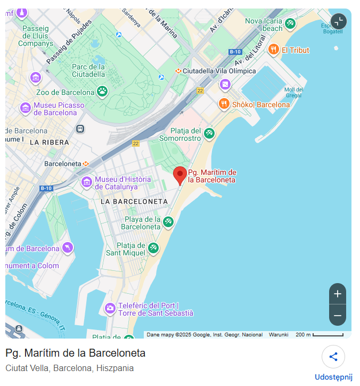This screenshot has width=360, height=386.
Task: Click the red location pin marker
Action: [x=181, y=175]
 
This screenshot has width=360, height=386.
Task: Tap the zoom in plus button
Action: [x=337, y=294]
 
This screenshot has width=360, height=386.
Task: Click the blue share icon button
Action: [x=333, y=357]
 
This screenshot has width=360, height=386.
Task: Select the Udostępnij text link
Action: [x=333, y=377]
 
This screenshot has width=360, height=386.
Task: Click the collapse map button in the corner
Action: [x=338, y=21]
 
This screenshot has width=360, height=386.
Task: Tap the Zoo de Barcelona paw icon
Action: [x=103, y=91]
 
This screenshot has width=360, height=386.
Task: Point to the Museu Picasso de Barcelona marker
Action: [x=26, y=108]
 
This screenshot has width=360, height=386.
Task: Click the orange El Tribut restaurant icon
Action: [x=274, y=50]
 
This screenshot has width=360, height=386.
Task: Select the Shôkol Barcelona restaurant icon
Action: [x=224, y=103]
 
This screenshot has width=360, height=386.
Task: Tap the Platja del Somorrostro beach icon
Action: [x=209, y=133]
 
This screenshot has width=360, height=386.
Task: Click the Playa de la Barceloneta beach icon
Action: [x=168, y=222]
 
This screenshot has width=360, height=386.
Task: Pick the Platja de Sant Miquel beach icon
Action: [x=153, y=248]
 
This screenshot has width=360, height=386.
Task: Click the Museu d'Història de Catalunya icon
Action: [x=86, y=183]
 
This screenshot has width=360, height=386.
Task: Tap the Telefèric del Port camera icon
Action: [x=110, y=308]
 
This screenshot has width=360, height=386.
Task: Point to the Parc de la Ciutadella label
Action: [x=88, y=70]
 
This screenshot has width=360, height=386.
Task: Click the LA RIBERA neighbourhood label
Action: [x=50, y=142]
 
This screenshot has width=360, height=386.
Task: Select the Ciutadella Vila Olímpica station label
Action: [x=219, y=71]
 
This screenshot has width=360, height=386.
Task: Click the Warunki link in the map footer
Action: [x=279, y=335]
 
